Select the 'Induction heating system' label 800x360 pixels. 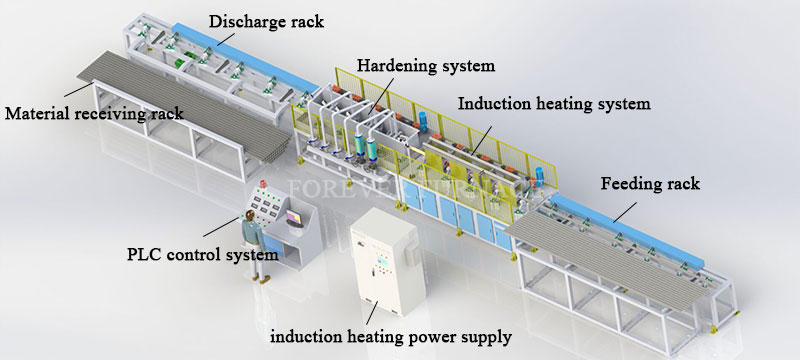tap(554, 102)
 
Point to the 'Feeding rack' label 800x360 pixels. tap(649, 184)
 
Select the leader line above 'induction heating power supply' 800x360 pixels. tap(370, 312)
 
